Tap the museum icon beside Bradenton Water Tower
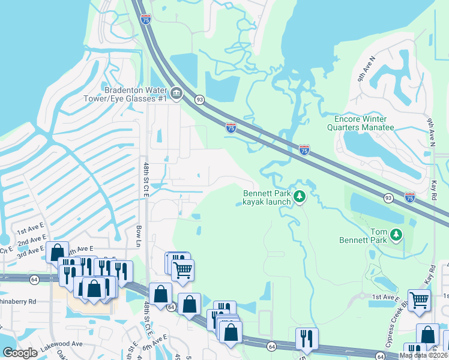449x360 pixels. (x=176, y=94)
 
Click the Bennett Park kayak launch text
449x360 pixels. (x=267, y=197)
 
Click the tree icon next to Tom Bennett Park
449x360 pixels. (x=396, y=236)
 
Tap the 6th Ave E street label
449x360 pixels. (x=155, y=341)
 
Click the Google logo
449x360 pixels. (x=20, y=353)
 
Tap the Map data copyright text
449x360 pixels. (x=423, y=355)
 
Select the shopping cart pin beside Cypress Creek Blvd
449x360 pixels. (x=419, y=299)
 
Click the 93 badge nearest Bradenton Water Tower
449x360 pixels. (x=199, y=99)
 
